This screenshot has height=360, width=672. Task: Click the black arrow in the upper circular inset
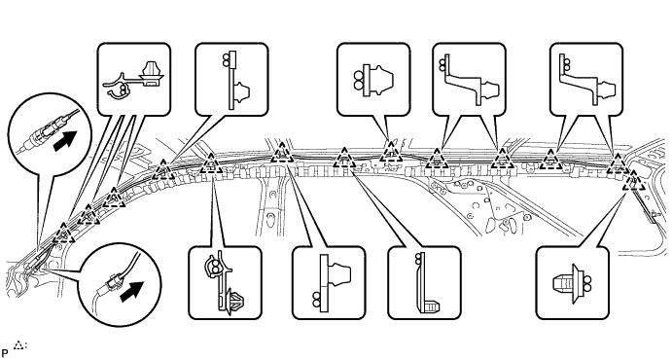pyautogui.click(x=65, y=141)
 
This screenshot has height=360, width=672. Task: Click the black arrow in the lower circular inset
pyautogui.click(x=131, y=292)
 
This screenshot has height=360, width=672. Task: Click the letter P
pyautogui.click(x=5, y=354)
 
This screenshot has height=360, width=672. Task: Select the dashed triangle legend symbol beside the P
pyautogui.click(x=18, y=345)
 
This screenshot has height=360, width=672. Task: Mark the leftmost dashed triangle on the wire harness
pyautogui.click(x=63, y=233)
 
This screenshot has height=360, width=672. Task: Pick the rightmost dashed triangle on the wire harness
pyautogui.click(x=634, y=180)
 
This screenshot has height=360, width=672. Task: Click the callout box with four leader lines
pyautogui.click(x=133, y=79)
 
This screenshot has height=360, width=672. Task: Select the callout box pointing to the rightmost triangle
pyautogui.click(x=572, y=283)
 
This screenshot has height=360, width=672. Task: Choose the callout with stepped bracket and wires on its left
pyautogui.click(x=469, y=79)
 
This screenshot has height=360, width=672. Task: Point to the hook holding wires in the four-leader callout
pyautogui.click(x=116, y=86)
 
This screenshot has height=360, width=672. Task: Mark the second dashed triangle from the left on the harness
pyautogui.click(x=88, y=215)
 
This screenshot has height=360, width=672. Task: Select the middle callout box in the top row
pyautogui.click(x=373, y=79)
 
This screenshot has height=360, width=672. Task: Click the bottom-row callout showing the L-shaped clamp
pyautogui.click(x=424, y=283)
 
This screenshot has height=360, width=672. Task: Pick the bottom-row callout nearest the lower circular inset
pyautogui.click(x=225, y=283)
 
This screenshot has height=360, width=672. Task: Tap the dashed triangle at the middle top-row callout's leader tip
pyautogui.click(x=391, y=152)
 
